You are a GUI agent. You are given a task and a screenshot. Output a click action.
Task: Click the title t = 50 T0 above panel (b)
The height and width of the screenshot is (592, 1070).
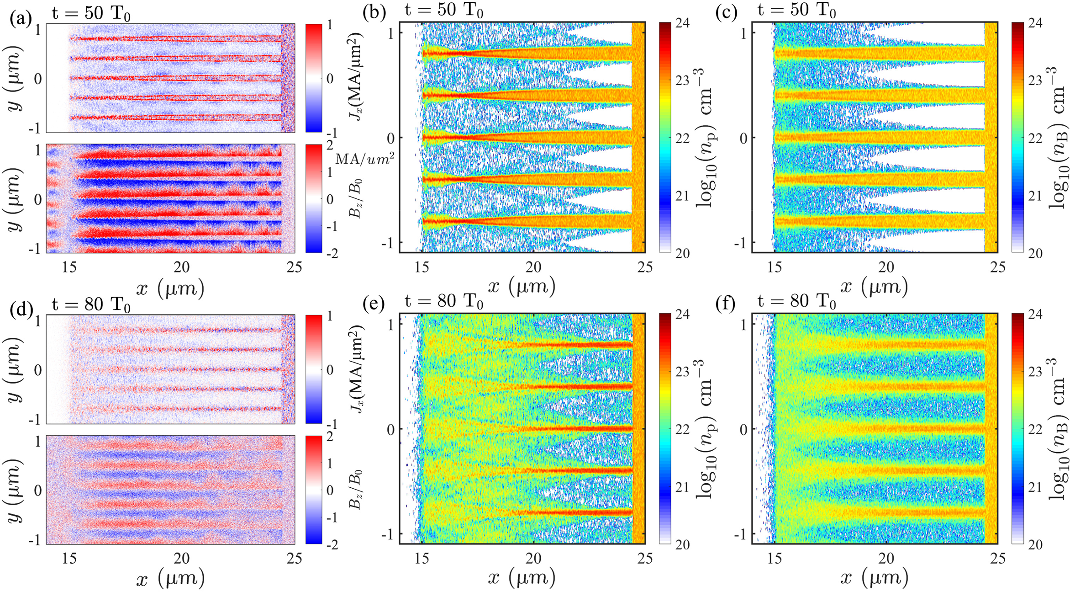pos(444,10)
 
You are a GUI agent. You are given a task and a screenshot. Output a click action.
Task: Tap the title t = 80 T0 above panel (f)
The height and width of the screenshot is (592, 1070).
pos(797,302)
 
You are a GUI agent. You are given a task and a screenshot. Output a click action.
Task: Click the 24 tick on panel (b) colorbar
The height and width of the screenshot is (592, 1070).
pos(682,22)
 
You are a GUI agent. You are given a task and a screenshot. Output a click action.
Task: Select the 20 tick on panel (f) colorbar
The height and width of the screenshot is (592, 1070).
pos(1035,544)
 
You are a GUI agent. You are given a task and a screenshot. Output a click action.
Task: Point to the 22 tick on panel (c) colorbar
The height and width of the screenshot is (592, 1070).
pos(1035,138)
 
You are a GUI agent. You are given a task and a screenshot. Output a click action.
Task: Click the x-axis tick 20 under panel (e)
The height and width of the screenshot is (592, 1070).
pos(533,558)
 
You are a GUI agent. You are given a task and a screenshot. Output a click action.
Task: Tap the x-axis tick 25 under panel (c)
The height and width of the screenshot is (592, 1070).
pos(998,267)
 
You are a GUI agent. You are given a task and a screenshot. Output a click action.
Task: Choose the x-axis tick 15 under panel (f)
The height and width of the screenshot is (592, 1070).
pos(775,558)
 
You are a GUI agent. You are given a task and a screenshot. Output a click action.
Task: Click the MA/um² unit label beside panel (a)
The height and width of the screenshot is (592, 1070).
pos(364,159)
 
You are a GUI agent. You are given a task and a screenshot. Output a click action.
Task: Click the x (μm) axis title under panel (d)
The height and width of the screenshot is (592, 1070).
pos(170,579)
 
